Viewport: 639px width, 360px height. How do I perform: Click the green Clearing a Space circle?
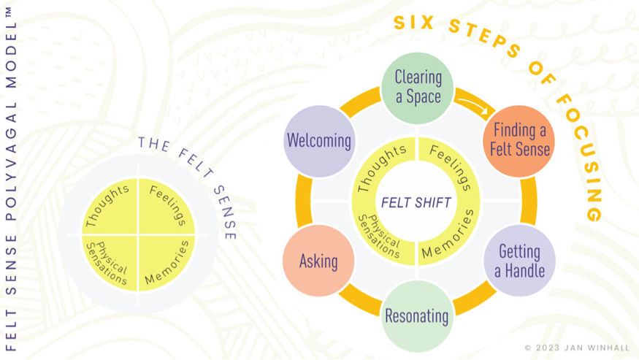tap(418, 86)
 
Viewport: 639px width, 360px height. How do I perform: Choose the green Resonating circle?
tap(417, 315)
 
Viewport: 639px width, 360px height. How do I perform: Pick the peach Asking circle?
tap(318, 261)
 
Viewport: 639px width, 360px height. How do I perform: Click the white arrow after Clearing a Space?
tap(472, 107)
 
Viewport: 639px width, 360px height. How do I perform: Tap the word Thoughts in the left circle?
tap(108, 207)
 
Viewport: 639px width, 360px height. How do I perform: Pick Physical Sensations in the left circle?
tap(107, 261)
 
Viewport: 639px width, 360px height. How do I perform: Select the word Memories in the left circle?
tap(167, 262)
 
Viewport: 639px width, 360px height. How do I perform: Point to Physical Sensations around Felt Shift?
tap(380, 235)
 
